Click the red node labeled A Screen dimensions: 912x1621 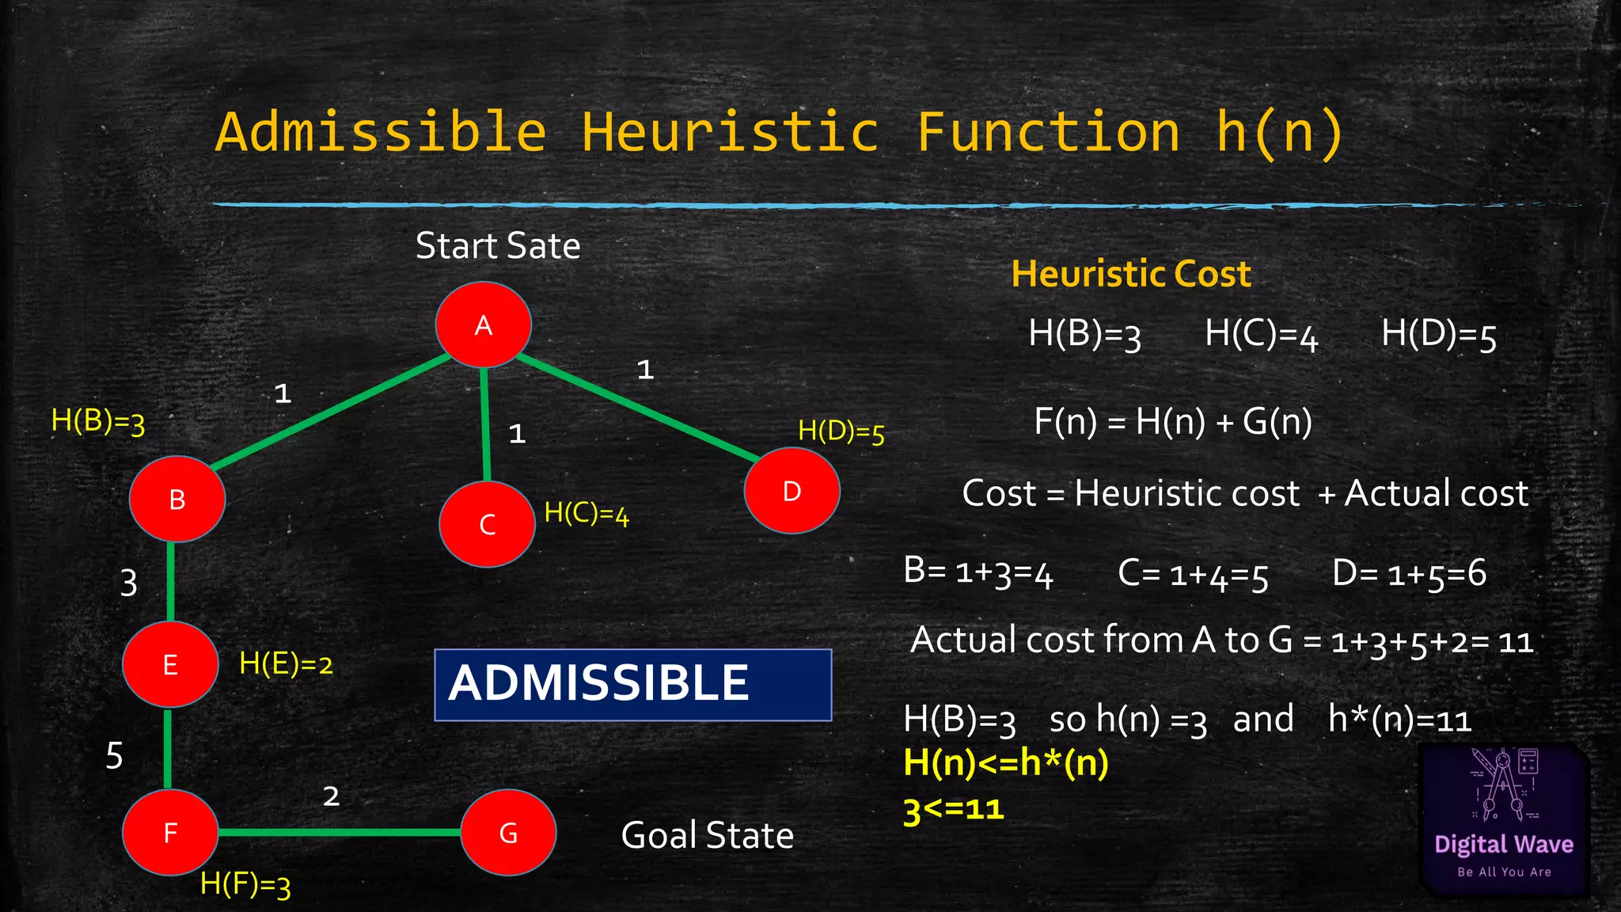[x=484, y=325]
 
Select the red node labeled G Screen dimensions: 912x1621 [x=508, y=832]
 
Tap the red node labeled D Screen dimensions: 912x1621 [x=792, y=491]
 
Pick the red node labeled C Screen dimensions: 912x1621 [x=487, y=524]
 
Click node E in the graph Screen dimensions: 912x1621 [x=170, y=664]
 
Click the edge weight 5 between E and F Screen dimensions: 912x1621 [x=115, y=755]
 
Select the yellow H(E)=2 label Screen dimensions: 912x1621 [x=286, y=663]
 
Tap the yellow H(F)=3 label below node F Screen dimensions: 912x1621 [x=245, y=883]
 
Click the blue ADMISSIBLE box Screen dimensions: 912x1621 [x=632, y=685]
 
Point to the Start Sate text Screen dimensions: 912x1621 [x=498, y=245]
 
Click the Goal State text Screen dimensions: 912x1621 [x=707, y=835]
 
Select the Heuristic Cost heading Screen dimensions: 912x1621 [x=1131, y=274]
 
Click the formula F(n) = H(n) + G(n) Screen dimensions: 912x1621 [x=1173, y=421]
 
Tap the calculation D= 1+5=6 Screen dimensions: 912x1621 [x=1409, y=573]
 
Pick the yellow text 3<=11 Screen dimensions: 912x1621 [x=954, y=810]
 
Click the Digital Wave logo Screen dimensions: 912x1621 [x=1504, y=819]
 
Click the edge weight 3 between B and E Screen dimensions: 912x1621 [x=129, y=583]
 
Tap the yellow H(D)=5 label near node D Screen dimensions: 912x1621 [x=841, y=431]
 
